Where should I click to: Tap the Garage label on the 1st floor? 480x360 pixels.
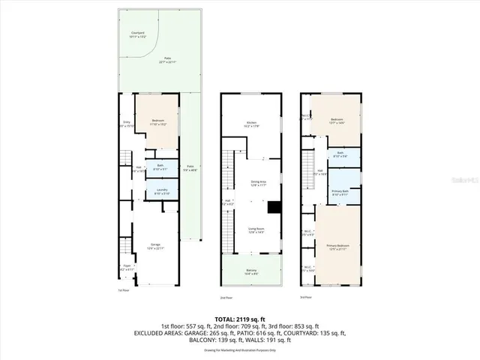155,245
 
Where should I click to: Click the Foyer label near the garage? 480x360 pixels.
127,267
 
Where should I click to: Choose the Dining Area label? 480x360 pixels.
258,182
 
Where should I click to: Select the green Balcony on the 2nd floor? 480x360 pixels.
251,274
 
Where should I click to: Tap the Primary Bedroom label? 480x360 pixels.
337,247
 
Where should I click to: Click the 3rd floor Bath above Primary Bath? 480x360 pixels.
340,154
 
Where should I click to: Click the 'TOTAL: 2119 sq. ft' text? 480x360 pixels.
239,319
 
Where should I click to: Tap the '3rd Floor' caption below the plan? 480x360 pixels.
304,296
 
